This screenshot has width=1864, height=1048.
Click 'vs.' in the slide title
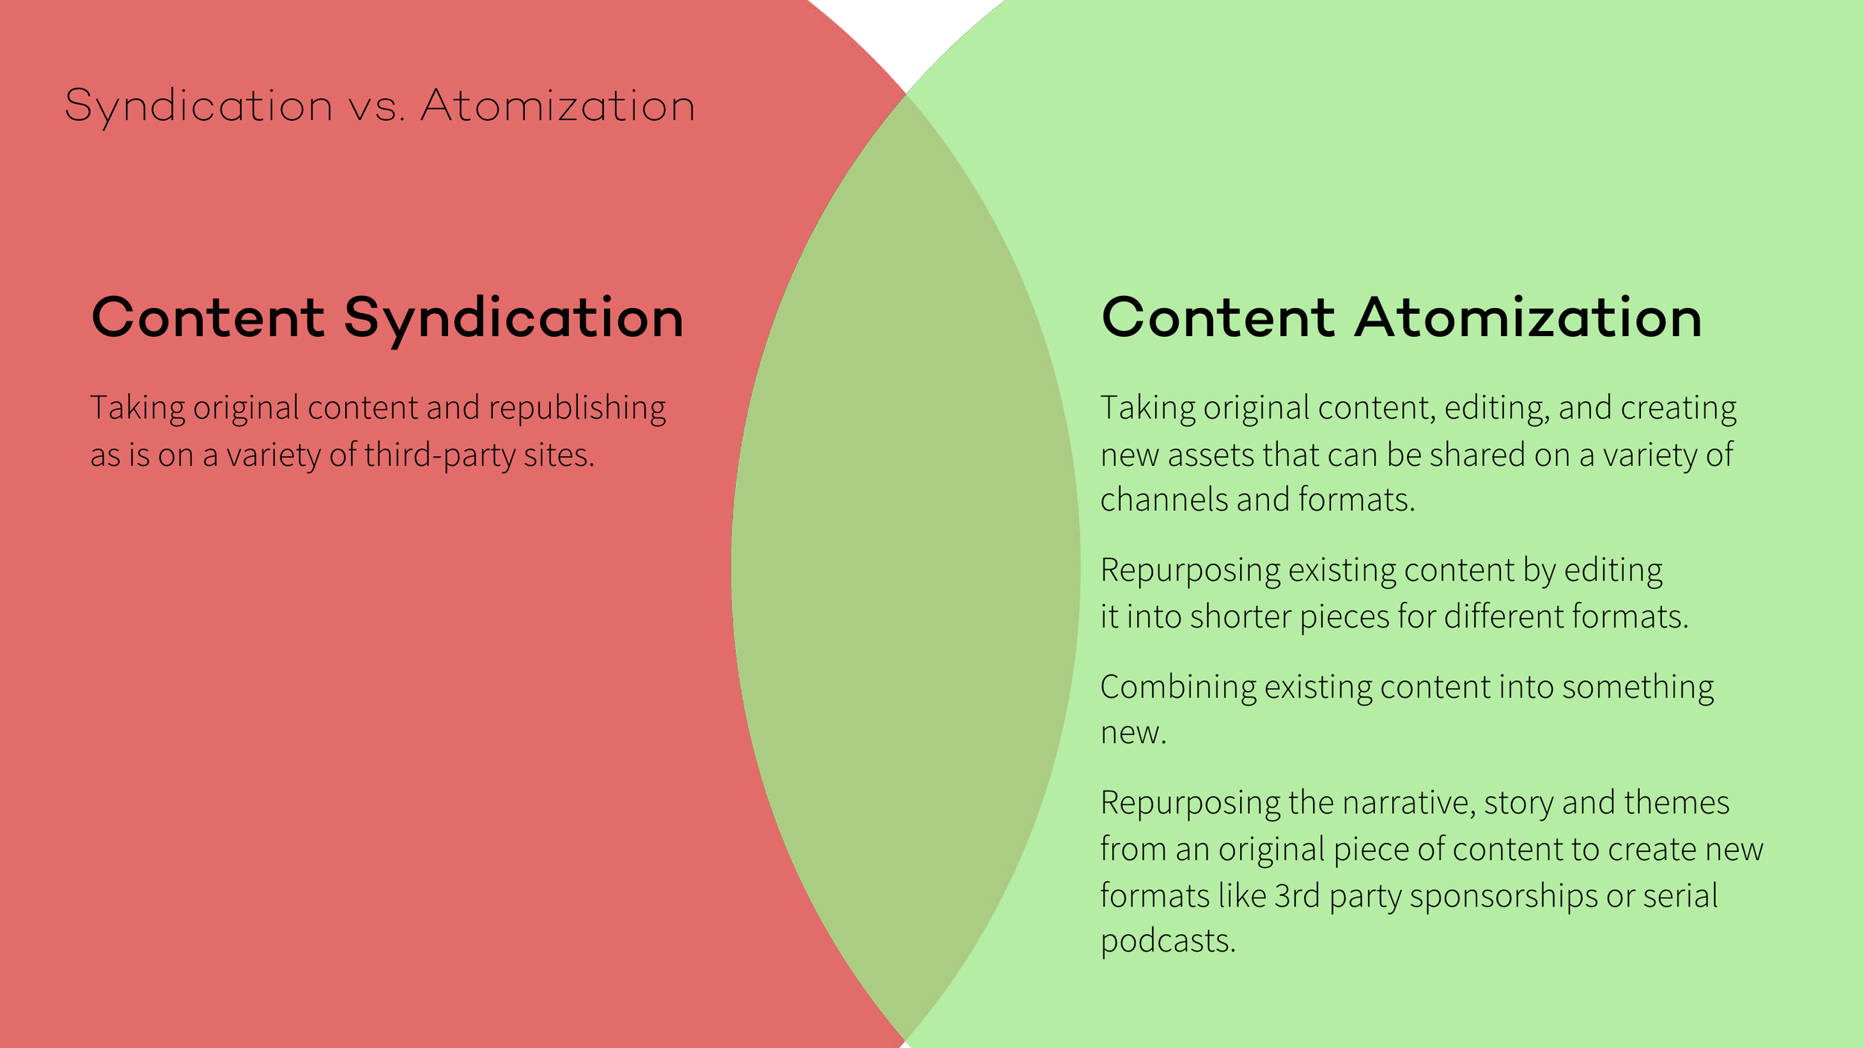point(377,107)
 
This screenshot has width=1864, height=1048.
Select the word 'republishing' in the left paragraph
point(577,408)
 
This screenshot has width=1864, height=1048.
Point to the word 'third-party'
point(439,455)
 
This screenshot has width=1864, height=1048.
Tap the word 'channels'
point(1164,500)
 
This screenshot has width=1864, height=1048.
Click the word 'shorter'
point(1241,617)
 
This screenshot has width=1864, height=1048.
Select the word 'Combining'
point(1178,687)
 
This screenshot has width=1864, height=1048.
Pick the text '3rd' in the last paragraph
point(1297,896)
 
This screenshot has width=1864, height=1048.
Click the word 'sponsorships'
point(1503,896)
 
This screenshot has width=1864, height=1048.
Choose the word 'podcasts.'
point(1168,941)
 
